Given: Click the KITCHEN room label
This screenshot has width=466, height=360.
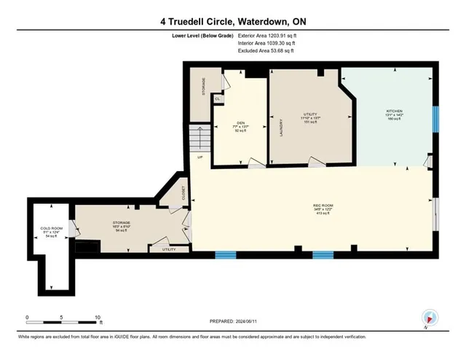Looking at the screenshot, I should click(394, 111).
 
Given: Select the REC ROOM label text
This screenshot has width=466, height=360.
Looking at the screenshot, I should click(313, 206).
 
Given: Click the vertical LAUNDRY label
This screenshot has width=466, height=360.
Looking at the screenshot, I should click(280, 129).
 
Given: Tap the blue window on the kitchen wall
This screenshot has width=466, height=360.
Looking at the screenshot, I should click(435, 119).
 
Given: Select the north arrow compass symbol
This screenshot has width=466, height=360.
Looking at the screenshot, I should click(429, 318).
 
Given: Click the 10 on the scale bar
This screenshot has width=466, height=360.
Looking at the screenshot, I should click(98, 318).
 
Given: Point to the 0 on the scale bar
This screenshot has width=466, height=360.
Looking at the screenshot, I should click(27, 318).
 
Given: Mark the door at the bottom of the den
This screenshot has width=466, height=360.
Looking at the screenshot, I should click(255, 163).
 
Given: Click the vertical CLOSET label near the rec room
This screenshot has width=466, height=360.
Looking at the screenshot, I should click(183, 192).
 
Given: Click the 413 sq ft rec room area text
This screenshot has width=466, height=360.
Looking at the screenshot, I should click(313, 214).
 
